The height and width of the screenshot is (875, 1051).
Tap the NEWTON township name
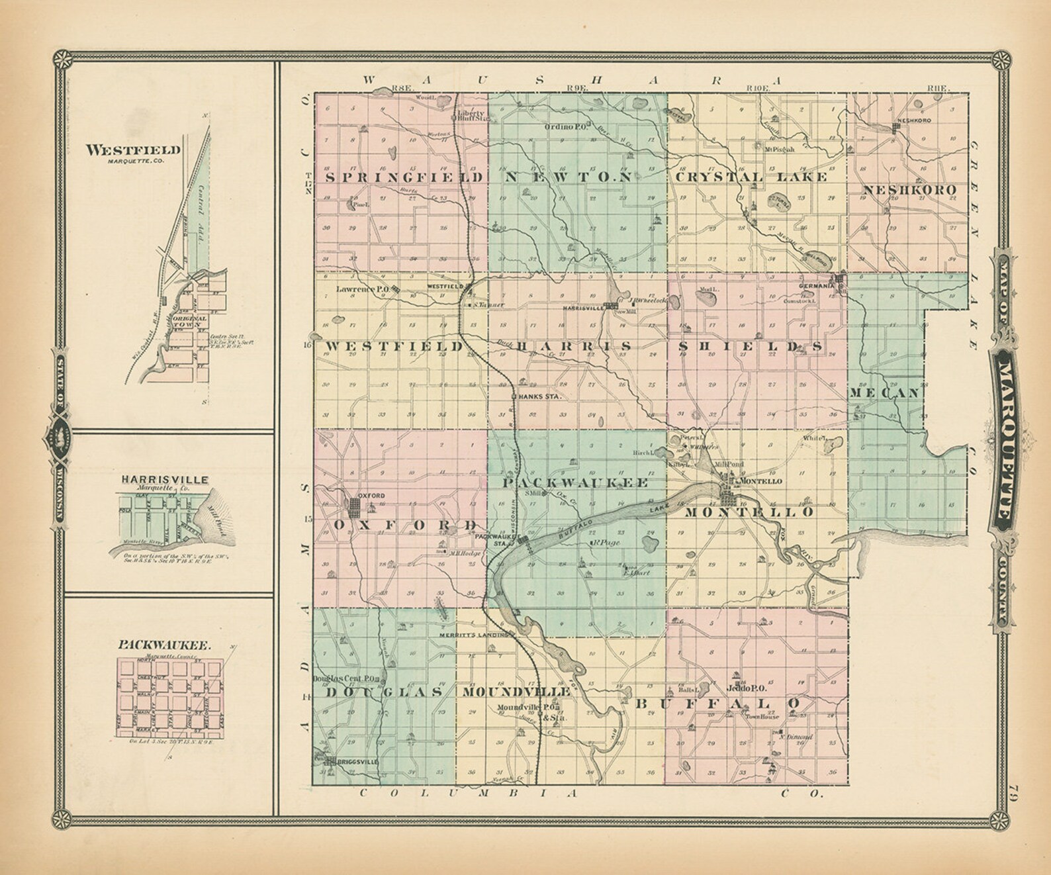569,177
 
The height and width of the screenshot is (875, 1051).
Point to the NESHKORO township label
910,191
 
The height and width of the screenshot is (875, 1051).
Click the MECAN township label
886,392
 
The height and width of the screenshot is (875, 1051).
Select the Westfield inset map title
133,150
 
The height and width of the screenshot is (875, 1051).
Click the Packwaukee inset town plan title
165,643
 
